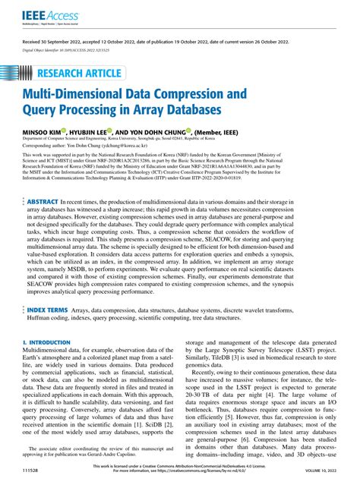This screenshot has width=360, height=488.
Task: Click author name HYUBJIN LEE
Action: pos(90,130)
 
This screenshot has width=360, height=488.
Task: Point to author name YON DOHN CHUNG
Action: pos(166,130)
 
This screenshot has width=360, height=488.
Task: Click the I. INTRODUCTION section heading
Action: pos(47,342)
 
